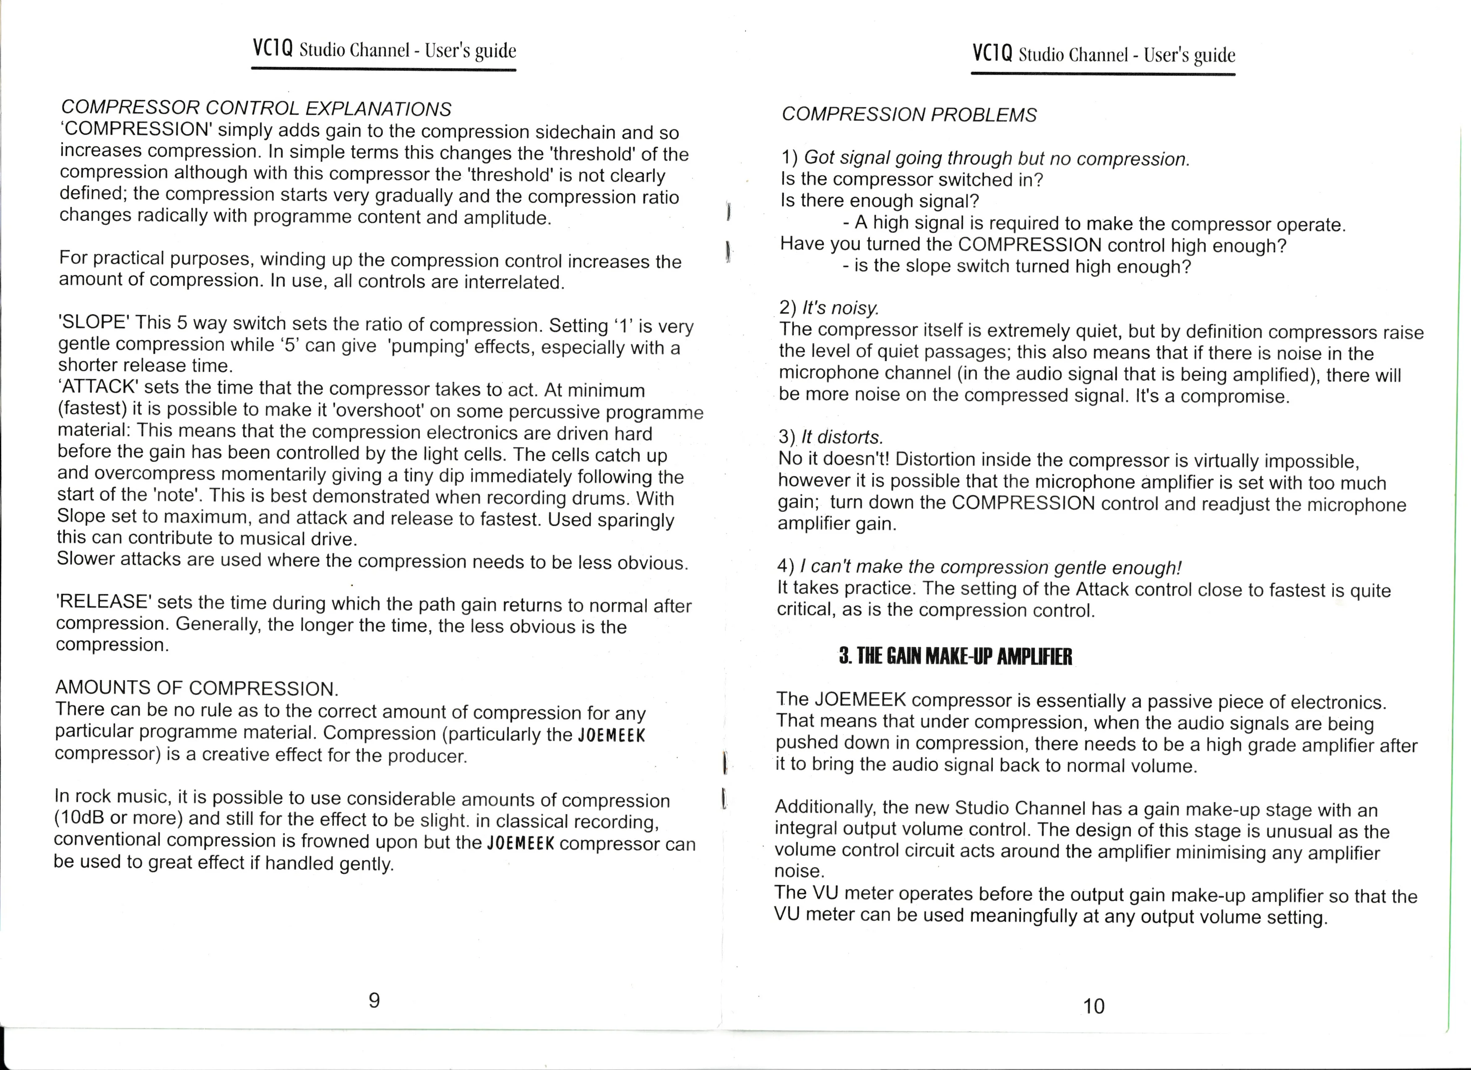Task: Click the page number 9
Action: click(374, 1000)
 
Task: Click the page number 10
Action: click(1093, 1006)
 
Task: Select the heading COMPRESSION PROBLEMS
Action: click(909, 115)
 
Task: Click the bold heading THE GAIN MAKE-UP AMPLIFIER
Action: click(955, 657)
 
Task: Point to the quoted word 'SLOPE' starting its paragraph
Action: click(95, 323)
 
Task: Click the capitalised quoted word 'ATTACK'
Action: click(98, 387)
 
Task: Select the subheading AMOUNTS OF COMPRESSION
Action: click(197, 688)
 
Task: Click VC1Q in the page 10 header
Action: click(992, 53)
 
